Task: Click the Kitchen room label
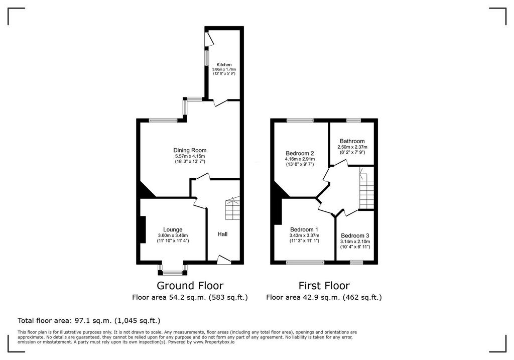(224, 65)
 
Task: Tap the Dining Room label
(190, 150)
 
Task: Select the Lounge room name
(173, 229)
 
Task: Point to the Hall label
(222, 234)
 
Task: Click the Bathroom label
(352, 141)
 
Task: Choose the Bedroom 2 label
(300, 153)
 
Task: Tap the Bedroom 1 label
(304, 229)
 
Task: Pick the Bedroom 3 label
(355, 235)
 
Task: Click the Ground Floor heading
(190, 286)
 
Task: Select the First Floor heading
(324, 286)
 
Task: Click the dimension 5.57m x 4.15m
(190, 156)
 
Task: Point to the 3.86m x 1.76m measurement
(224, 69)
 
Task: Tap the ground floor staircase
(232, 208)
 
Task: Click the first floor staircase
(366, 188)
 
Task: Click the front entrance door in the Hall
(224, 260)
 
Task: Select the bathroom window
(354, 121)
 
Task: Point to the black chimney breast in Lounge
(143, 229)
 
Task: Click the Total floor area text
(89, 320)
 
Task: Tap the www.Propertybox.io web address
(214, 341)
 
